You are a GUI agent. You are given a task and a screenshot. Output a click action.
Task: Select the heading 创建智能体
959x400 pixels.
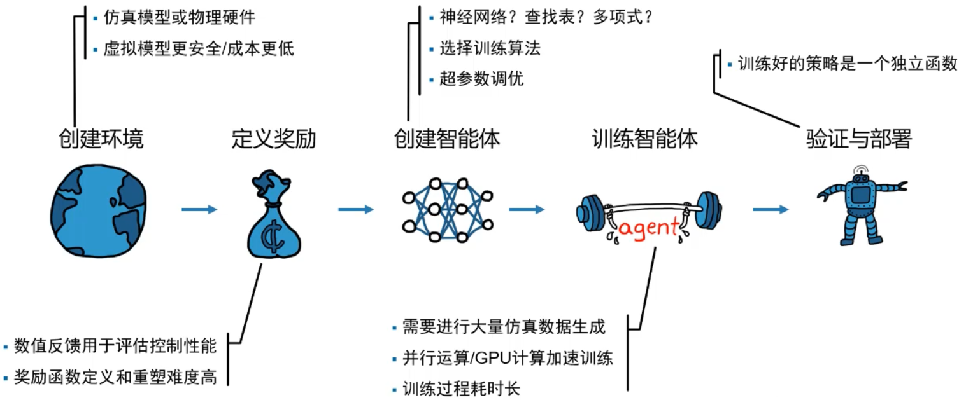click(447, 138)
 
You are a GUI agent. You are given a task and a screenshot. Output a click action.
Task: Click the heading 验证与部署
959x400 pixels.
click(858, 138)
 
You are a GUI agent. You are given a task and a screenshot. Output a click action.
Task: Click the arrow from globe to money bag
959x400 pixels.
click(199, 209)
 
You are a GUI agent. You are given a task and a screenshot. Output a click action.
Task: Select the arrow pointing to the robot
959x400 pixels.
click(772, 209)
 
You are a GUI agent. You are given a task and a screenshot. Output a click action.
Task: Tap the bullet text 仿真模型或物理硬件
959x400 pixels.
click(171, 18)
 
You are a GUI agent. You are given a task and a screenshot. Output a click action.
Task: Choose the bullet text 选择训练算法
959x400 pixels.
click(490, 48)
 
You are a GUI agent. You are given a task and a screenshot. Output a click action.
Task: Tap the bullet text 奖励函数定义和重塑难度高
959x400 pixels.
click(115, 377)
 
